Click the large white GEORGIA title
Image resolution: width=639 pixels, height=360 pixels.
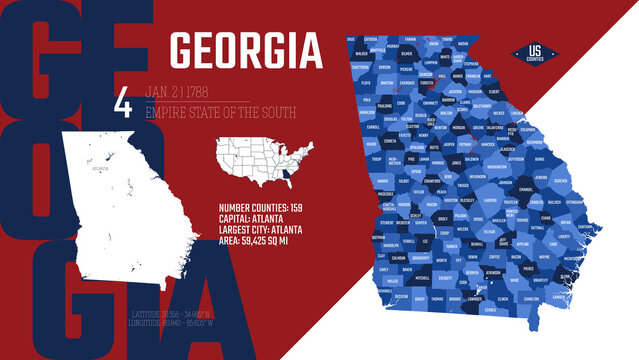[x=246, y=51]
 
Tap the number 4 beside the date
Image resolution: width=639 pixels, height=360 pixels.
[x=123, y=104]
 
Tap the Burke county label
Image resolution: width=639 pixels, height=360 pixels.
[x=540, y=159]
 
